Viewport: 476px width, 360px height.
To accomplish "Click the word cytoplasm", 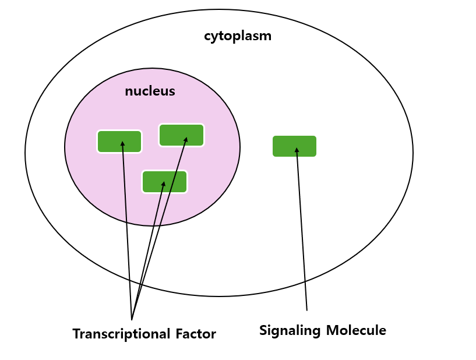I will (237, 36).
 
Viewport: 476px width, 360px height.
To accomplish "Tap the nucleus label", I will (150, 91).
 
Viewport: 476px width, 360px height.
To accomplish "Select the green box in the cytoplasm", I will (294, 146).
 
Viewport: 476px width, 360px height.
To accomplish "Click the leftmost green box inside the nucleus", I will (119, 142).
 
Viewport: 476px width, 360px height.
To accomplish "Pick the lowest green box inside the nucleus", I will (164, 182).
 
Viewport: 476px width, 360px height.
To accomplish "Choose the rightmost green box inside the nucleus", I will (181, 135).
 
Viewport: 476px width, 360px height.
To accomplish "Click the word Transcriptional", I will (121, 334).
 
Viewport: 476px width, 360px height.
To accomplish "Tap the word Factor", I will (195, 334).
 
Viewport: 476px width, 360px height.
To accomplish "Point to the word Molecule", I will (355, 330).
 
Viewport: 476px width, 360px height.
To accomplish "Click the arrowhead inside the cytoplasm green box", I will (297, 150).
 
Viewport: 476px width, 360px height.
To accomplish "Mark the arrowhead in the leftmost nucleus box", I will (122, 143).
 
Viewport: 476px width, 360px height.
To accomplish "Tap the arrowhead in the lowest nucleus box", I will (164, 184).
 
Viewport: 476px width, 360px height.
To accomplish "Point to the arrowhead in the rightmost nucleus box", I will (186, 139).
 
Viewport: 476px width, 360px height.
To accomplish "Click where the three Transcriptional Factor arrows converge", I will (132, 318).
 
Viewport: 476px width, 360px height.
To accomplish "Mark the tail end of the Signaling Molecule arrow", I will (306, 309).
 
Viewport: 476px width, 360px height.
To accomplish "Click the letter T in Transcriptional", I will (76, 334).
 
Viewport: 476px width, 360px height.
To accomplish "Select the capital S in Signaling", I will (263, 330).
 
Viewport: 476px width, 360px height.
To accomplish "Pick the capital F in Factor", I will (178, 334).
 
